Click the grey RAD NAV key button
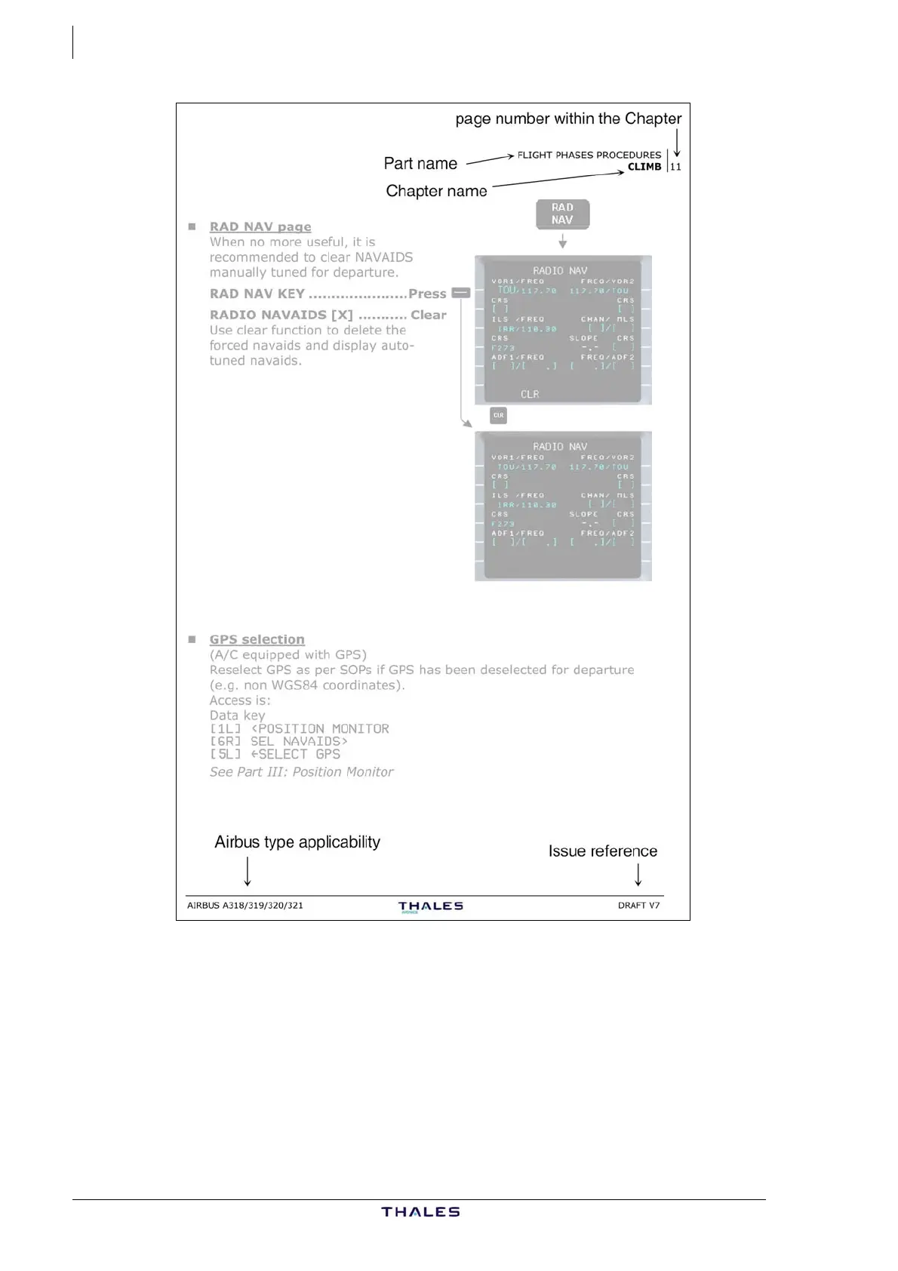pyautogui.click(x=562, y=214)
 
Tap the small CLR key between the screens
pyautogui.click(x=498, y=415)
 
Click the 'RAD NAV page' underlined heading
pyautogui.click(x=260, y=226)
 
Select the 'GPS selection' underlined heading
pyautogui.click(x=257, y=639)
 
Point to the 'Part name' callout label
pyautogui.click(x=420, y=164)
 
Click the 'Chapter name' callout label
pyautogui.click(x=436, y=191)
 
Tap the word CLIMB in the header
pyautogui.click(x=644, y=167)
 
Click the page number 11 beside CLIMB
pyautogui.click(x=675, y=167)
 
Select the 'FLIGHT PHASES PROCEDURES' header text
pyautogui.click(x=589, y=155)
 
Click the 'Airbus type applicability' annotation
pyautogui.click(x=297, y=842)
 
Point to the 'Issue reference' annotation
pyautogui.click(x=602, y=851)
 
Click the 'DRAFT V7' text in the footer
pyautogui.click(x=638, y=905)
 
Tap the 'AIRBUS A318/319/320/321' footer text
pyautogui.click(x=245, y=905)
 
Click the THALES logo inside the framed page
pyautogui.click(x=430, y=906)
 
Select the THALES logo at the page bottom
pyautogui.click(x=420, y=1212)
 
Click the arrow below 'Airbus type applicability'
pyautogui.click(x=248, y=872)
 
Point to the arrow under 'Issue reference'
pyautogui.click(x=638, y=874)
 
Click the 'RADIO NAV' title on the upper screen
pyautogui.click(x=560, y=270)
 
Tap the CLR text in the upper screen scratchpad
pyautogui.click(x=530, y=394)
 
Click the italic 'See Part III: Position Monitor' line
pyautogui.click(x=302, y=772)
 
